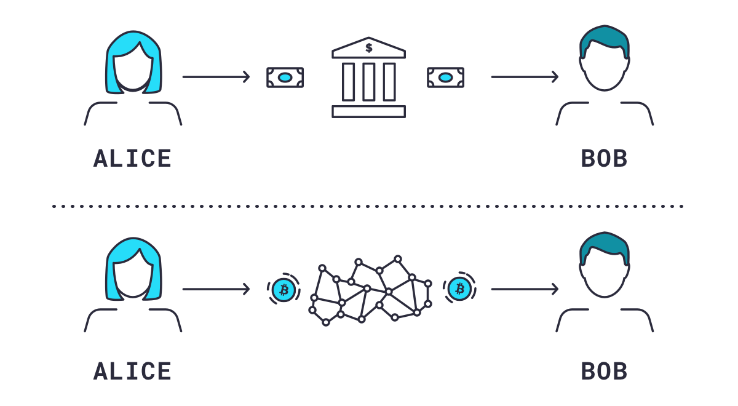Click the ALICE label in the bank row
pos(132,159)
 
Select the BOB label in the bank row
pos(604,159)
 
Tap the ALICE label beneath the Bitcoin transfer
pos(132,371)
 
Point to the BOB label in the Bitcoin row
pos(604,371)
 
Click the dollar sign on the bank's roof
pos(368,47)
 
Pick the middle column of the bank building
pos(368,82)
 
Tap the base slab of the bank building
pos(368,111)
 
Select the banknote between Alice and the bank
pos(285,78)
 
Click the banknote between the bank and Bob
pos(445,78)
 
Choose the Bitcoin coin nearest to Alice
pos(284,289)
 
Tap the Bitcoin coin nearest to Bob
pos(459,289)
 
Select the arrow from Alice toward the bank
pos(216,77)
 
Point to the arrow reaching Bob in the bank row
pos(525,77)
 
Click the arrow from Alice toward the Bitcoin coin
pos(216,289)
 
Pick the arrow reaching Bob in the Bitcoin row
pos(525,289)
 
